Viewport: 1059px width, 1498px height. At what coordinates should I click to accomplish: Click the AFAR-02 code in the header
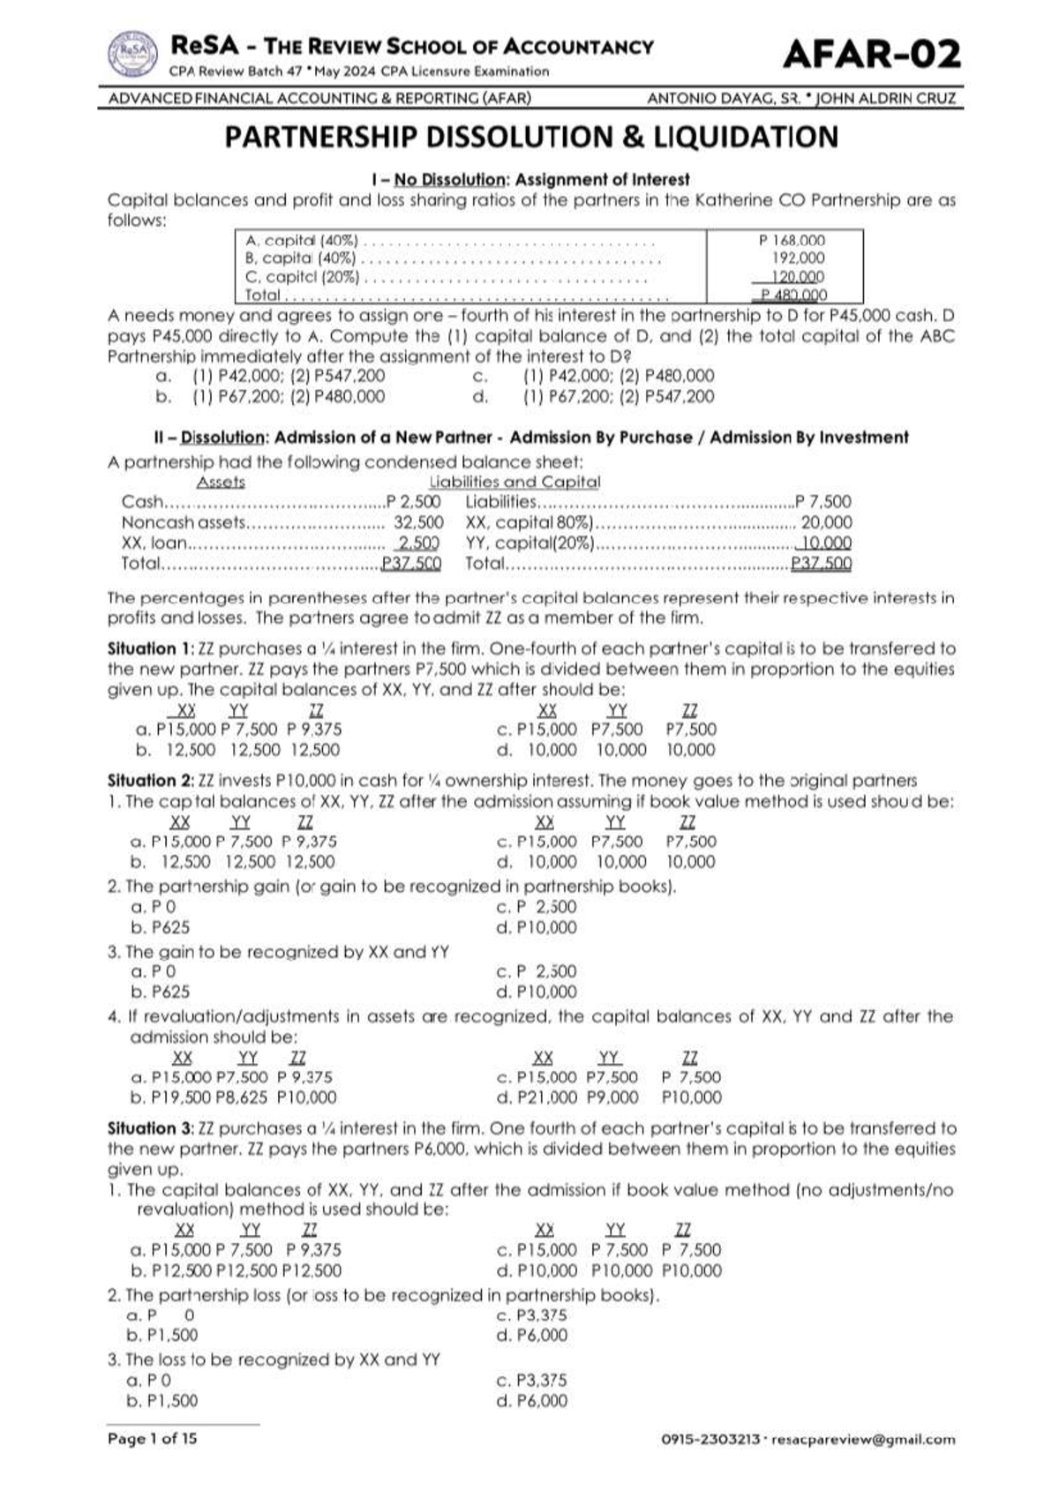[x=871, y=55]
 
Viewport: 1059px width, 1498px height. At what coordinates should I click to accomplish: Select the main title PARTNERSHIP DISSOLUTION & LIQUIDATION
[x=530, y=138]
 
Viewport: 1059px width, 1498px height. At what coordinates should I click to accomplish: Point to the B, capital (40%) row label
[x=300, y=258]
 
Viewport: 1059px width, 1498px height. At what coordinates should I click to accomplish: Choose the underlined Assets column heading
[x=221, y=483]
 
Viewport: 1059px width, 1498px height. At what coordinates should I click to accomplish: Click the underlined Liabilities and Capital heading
[x=514, y=483]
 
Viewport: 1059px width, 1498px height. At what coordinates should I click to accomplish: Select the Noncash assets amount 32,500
[x=418, y=522]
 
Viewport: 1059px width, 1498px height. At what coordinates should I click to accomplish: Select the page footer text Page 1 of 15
[x=153, y=1439]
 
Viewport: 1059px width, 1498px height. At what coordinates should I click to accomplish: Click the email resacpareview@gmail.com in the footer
[x=863, y=1440]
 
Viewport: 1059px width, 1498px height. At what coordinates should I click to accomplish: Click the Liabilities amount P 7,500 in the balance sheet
[x=823, y=502]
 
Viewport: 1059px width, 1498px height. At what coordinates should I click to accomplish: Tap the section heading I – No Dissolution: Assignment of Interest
[x=530, y=180]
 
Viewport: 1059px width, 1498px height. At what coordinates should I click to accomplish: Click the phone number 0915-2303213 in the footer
[x=710, y=1440]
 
